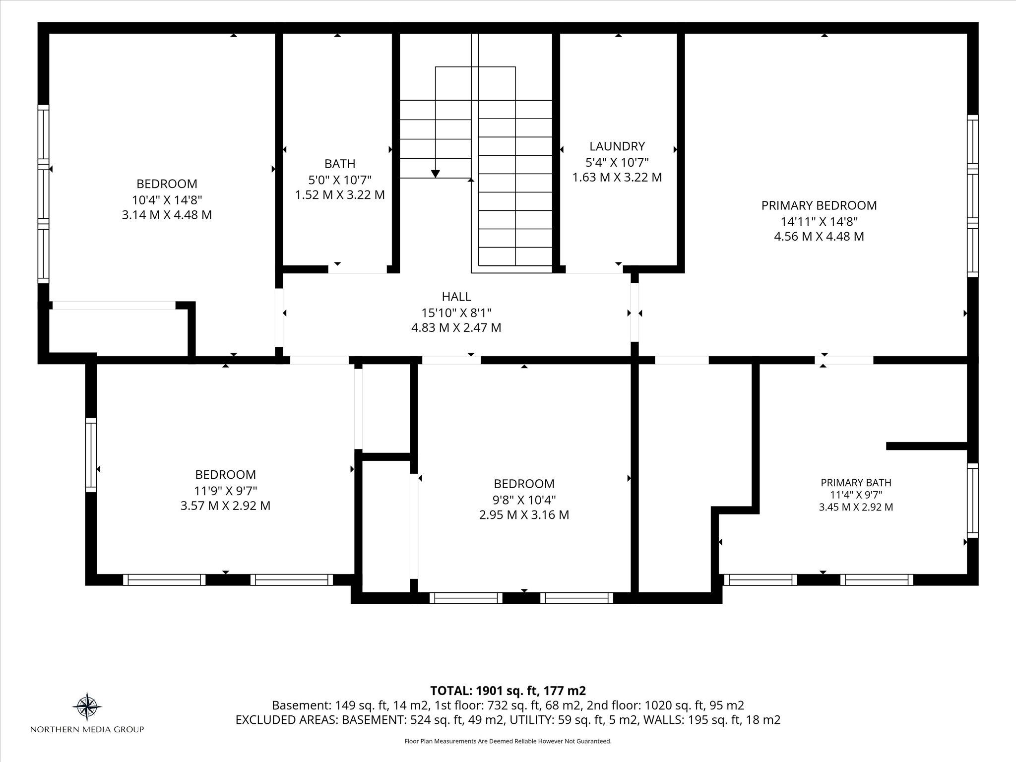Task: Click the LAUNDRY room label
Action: click(x=617, y=146)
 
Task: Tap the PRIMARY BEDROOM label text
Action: click(x=819, y=205)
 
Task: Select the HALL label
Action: click(x=456, y=297)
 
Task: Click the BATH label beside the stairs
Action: click(x=340, y=164)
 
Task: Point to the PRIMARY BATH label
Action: click(x=856, y=483)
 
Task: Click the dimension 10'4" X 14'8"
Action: click(x=167, y=199)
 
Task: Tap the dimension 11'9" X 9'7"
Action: click(x=226, y=491)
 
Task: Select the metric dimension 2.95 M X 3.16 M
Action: click(x=524, y=515)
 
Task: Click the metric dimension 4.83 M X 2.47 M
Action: click(x=456, y=328)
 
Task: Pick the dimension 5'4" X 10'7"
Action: click(x=617, y=162)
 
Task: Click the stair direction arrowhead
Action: click(x=436, y=174)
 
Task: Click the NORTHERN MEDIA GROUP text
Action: click(x=87, y=729)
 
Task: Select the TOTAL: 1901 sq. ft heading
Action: click(x=508, y=691)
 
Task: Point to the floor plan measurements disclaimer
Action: click(x=508, y=741)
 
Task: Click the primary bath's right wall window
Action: click(x=973, y=500)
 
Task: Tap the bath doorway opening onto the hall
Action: click(x=358, y=269)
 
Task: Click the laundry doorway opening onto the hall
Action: click(x=594, y=269)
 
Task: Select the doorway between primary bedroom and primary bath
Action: click(x=844, y=360)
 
